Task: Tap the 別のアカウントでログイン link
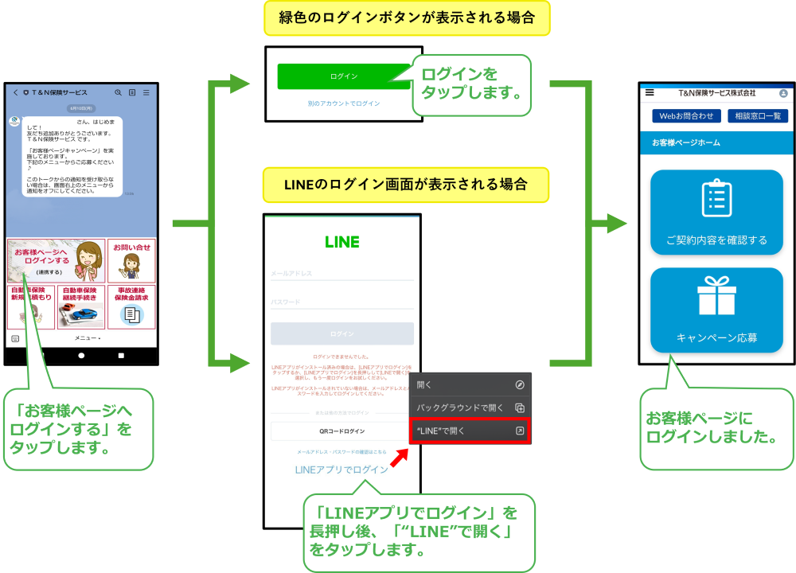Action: click(x=344, y=103)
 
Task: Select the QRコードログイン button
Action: click(x=342, y=431)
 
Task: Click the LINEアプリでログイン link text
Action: click(x=341, y=470)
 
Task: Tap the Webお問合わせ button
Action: click(x=686, y=116)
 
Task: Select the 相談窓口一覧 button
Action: click(x=757, y=116)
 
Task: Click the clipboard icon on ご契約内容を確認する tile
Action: click(x=716, y=199)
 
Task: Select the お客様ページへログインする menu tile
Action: click(x=56, y=260)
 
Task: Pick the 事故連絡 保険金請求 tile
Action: click(x=131, y=306)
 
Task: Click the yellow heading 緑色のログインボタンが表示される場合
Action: click(x=407, y=18)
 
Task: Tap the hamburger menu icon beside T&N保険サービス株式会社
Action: click(x=650, y=92)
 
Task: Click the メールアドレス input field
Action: click(x=342, y=273)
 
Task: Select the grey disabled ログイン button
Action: click(x=342, y=333)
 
